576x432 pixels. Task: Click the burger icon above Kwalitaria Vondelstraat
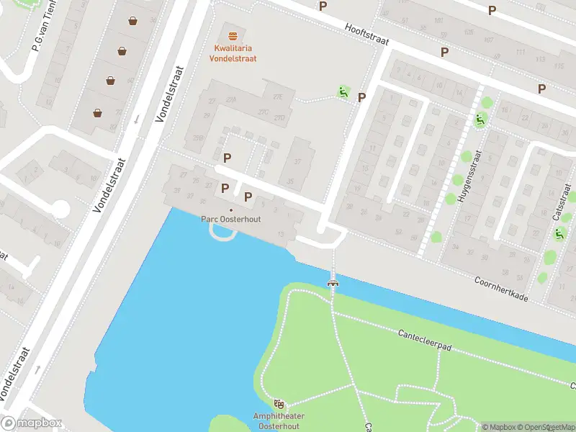pyautogui.click(x=233, y=36)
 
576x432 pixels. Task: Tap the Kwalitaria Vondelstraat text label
pyautogui.click(x=233, y=53)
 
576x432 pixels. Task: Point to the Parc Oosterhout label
pyautogui.click(x=230, y=220)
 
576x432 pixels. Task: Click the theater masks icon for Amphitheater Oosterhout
pyautogui.click(x=279, y=405)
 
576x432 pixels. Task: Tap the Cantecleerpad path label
pyautogui.click(x=424, y=340)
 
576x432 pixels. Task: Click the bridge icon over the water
pyautogui.click(x=333, y=282)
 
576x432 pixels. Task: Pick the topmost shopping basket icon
pyautogui.click(x=133, y=21)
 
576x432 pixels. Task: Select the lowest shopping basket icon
pyautogui.click(x=98, y=112)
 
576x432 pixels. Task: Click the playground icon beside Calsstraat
pyautogui.click(x=559, y=233)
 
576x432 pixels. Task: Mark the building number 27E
pyautogui.click(x=277, y=96)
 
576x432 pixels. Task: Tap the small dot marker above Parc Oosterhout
pyautogui.click(x=230, y=210)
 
